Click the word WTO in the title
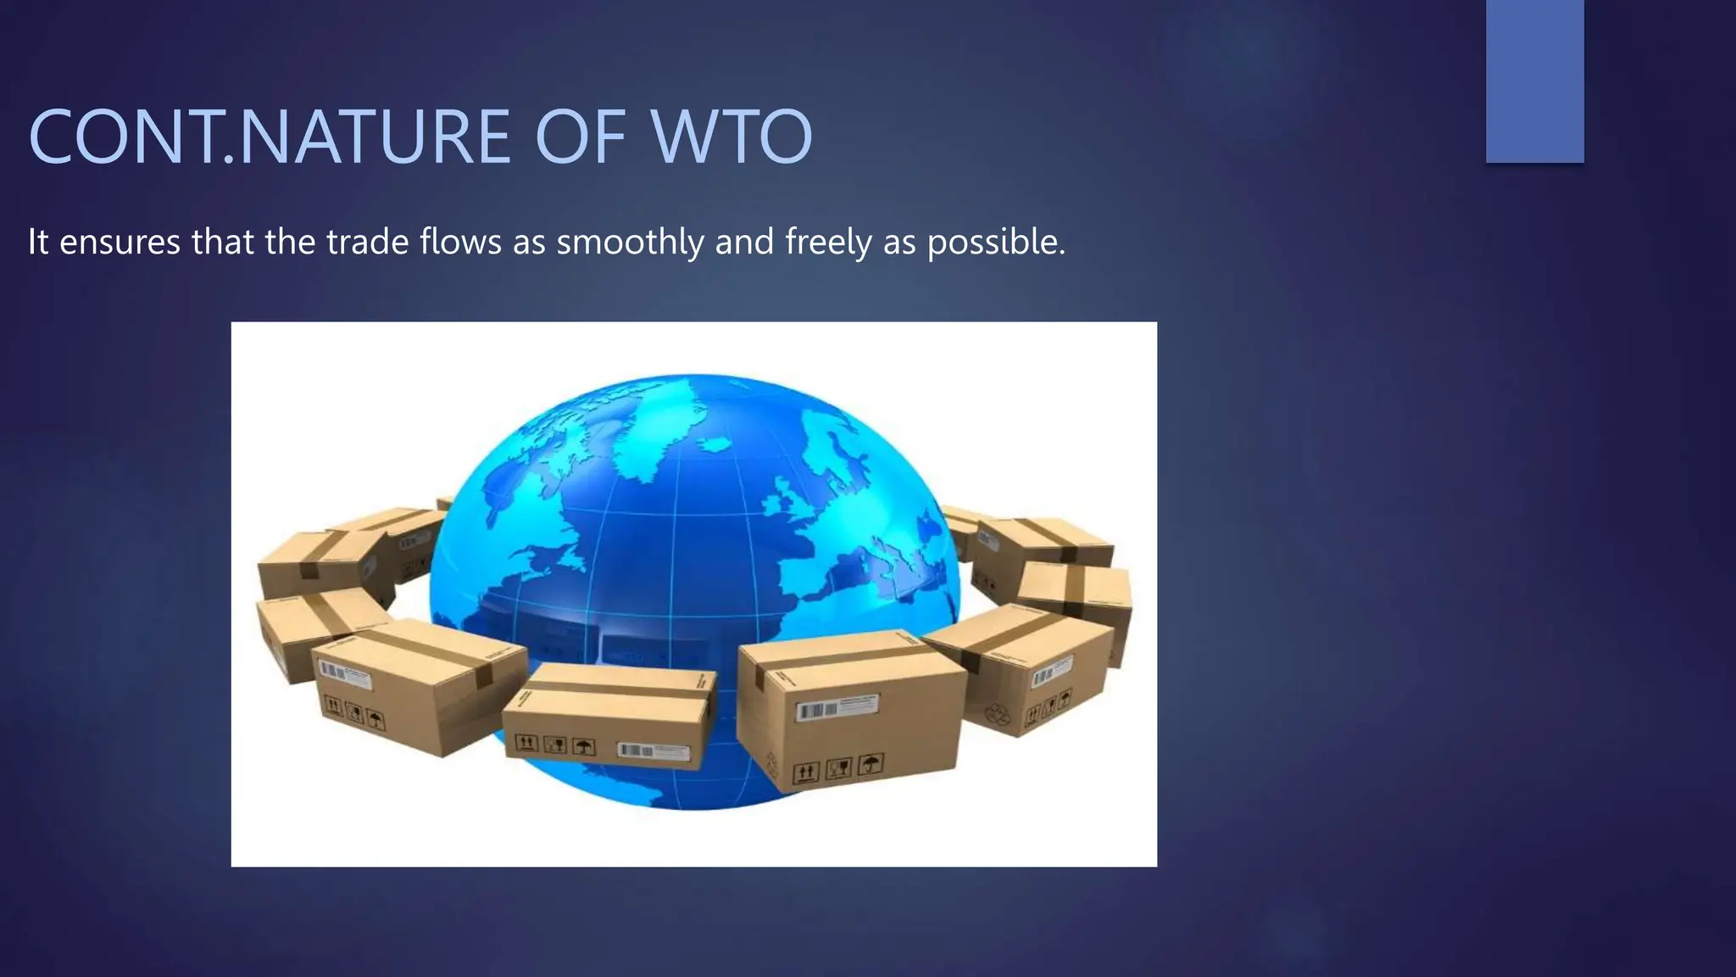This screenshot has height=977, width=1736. pos(732,137)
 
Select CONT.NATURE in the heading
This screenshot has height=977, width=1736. pos(270,137)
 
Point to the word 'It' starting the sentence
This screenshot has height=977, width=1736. pos(38,243)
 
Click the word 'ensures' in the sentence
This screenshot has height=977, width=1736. pos(120,243)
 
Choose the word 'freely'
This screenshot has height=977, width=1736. pos(828,243)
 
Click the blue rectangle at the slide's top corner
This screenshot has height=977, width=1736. pos(1534,81)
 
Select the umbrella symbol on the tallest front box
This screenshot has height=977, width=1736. pos(870,764)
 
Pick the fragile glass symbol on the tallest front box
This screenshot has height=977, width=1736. pos(838,768)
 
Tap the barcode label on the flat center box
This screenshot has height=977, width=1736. pos(653,751)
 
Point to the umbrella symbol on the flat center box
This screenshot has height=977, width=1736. pos(584,747)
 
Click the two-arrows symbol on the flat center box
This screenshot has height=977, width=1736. pos(526,743)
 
